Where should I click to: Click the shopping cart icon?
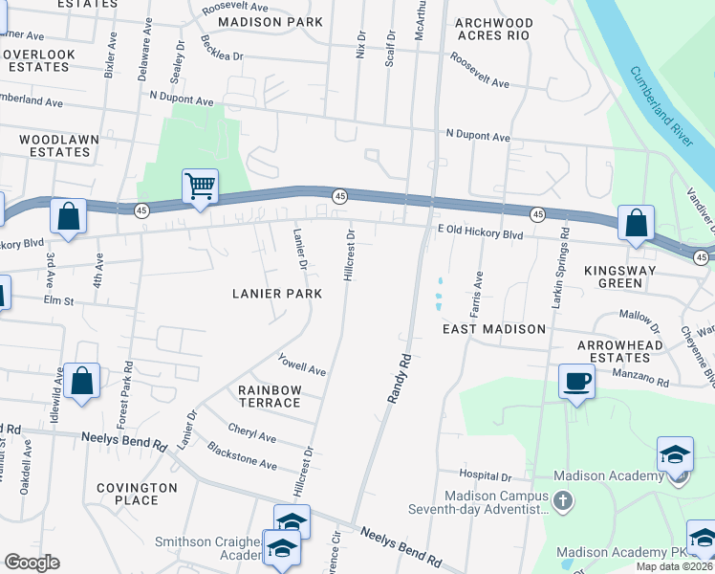click(200, 186)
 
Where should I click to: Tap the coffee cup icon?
click(575, 382)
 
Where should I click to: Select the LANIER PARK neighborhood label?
click(276, 294)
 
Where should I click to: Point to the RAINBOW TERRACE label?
click(270, 396)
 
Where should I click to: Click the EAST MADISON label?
click(493, 328)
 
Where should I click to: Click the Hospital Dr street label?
click(486, 475)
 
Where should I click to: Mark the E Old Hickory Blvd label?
click(480, 233)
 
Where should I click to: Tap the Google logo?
click(32, 562)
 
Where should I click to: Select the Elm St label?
click(57, 299)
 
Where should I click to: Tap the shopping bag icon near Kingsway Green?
click(636, 223)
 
